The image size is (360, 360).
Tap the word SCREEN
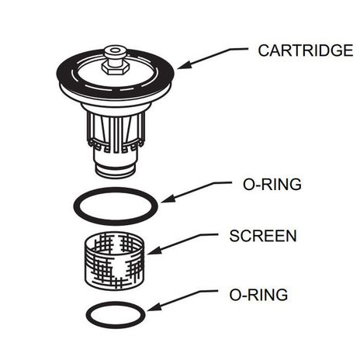[262, 235]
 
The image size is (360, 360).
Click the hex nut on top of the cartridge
[114, 67]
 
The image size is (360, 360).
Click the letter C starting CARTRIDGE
[263, 51]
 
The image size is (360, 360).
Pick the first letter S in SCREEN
[233, 235]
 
